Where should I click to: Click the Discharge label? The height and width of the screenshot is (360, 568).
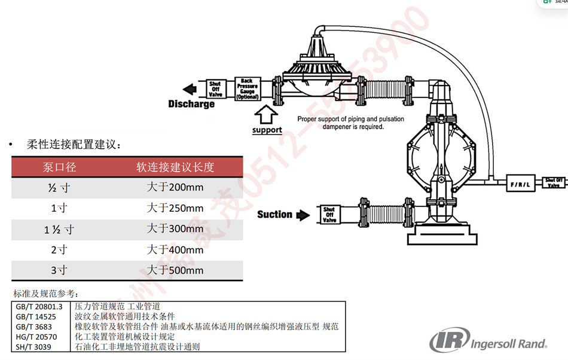click(191, 104)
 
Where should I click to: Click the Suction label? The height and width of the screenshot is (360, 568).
click(274, 214)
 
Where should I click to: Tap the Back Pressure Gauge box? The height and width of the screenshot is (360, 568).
click(247, 89)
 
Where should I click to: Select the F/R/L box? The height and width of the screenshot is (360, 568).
click(519, 184)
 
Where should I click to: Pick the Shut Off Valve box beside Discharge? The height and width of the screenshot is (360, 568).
click(215, 89)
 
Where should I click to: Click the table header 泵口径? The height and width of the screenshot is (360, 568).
click(59, 167)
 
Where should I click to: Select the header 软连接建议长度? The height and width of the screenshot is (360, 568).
click(175, 167)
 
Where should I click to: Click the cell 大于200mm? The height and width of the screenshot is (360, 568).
click(175, 187)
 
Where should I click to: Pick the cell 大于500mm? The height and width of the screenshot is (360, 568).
click(175, 270)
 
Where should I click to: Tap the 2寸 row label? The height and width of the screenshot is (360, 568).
click(59, 249)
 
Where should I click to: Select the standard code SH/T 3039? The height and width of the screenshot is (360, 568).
click(35, 347)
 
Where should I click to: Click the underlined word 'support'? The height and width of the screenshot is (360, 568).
click(267, 130)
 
